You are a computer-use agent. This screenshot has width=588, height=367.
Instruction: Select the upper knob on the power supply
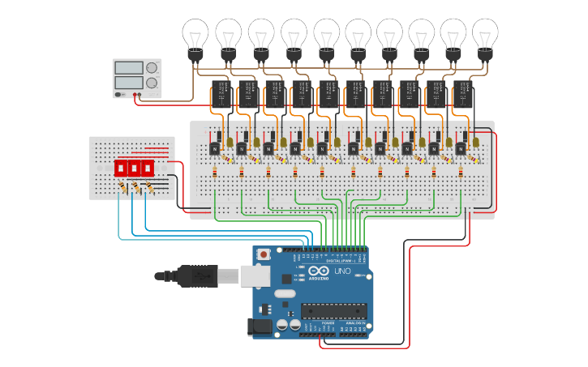coord(151,68)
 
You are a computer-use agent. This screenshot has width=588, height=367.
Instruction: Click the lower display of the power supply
coord(128,83)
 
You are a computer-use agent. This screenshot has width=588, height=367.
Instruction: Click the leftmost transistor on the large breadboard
coord(214,147)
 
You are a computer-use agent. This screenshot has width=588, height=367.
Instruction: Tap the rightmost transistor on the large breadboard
coord(461,147)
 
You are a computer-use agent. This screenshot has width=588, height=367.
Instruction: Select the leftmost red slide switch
coord(120,168)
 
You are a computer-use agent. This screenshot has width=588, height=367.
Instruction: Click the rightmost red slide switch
coord(148,168)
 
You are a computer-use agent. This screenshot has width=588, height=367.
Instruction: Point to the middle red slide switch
coord(134,168)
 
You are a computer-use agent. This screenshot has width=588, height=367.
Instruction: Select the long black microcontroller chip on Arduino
coord(333,310)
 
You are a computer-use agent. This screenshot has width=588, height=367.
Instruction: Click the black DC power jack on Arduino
coord(257,326)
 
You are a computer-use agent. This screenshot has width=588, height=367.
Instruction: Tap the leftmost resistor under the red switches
coord(122,188)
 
